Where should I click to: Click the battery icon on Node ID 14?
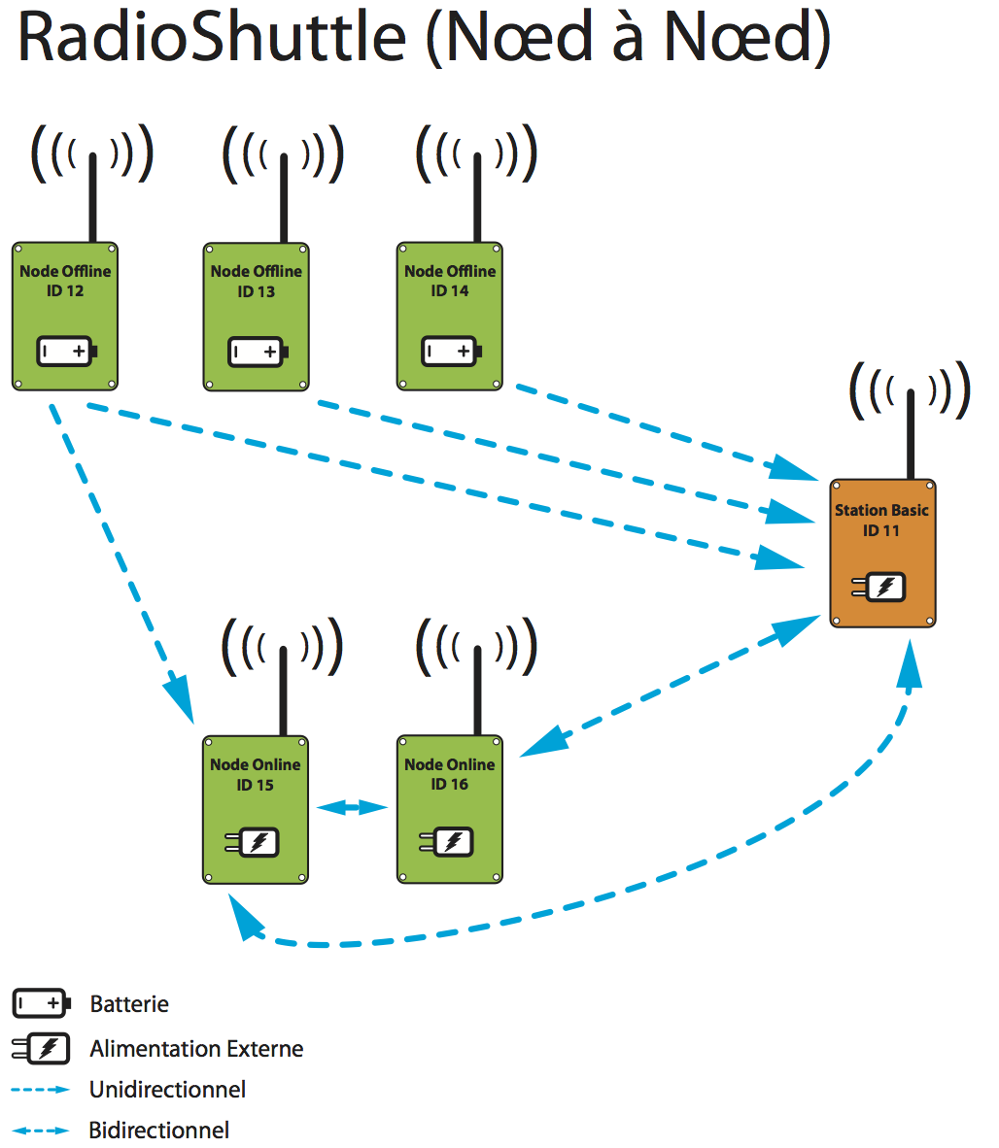pyautogui.click(x=452, y=352)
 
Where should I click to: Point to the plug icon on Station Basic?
pyautogui.click(x=879, y=588)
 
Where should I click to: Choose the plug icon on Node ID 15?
pyautogui.click(x=253, y=842)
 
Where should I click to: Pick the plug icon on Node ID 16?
pyautogui.click(x=447, y=841)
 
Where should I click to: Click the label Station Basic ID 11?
pyautogui.click(x=881, y=521)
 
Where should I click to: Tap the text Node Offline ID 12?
pyautogui.click(x=65, y=281)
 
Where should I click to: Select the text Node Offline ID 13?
pyautogui.click(x=257, y=282)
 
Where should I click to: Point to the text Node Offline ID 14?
pyautogui.click(x=450, y=281)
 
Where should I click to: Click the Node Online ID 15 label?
pyautogui.click(x=256, y=774)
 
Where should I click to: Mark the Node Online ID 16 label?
pyautogui.click(x=449, y=774)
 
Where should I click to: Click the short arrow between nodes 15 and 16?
pyautogui.click(x=353, y=807)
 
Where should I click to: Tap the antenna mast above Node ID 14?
pyautogui.click(x=477, y=198)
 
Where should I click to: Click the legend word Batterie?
pyautogui.click(x=129, y=1004)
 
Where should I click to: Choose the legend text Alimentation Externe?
pyautogui.click(x=196, y=1049)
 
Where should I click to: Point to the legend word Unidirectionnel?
pyautogui.click(x=167, y=1090)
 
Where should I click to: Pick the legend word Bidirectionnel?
pyautogui.click(x=159, y=1131)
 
